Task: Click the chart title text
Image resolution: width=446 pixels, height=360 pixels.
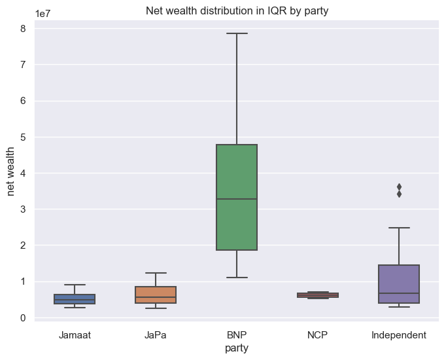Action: (x=236, y=10)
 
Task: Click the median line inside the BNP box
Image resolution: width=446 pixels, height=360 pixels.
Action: (x=237, y=198)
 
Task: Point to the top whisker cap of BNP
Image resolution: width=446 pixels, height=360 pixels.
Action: (x=237, y=33)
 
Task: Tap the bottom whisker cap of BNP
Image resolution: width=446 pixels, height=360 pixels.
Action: (x=237, y=278)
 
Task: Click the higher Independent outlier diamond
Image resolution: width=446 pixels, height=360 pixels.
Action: (x=399, y=187)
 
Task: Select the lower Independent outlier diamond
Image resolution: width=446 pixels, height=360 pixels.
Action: (x=399, y=194)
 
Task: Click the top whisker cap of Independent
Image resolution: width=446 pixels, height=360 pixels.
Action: (x=399, y=228)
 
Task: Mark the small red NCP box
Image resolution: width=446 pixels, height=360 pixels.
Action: (x=318, y=295)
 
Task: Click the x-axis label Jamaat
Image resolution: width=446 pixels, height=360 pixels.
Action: (x=75, y=335)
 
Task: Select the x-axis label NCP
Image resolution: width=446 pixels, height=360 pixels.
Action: (x=318, y=335)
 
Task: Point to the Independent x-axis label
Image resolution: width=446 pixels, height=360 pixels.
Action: (x=399, y=335)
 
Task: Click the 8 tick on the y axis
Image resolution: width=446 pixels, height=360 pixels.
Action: (x=22, y=28)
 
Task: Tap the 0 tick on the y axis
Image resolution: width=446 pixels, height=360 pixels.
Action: (x=22, y=318)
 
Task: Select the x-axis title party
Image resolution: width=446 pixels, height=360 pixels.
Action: (x=236, y=349)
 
